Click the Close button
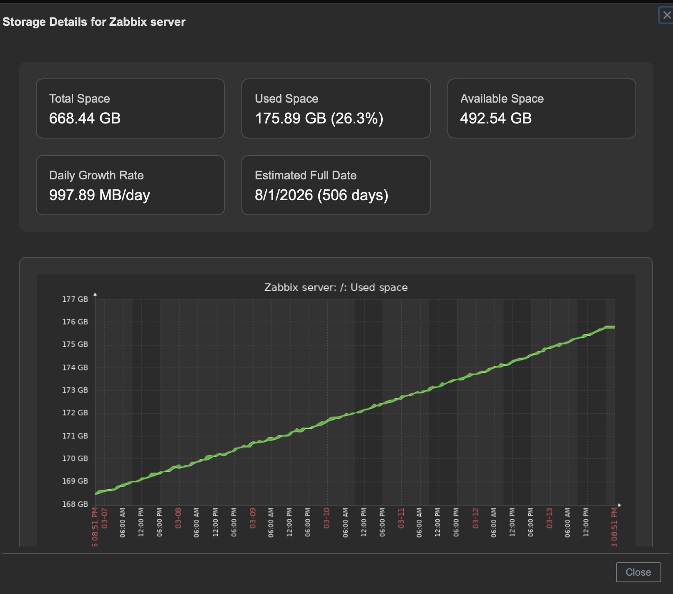pos(638,572)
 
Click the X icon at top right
pos(666,15)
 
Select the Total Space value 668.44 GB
pos(85,118)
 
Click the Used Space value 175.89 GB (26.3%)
pos(319,118)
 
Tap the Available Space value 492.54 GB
pos(496,118)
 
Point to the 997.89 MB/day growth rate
pos(99,195)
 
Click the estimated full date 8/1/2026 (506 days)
pos(321,195)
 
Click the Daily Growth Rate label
pos(96,175)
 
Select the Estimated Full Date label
pos(305,175)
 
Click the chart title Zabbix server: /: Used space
pos(336,287)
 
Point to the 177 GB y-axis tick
pos(75,299)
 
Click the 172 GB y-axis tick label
pos(75,413)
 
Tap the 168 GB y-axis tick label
pos(75,504)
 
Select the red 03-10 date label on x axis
pos(326,518)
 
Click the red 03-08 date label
pos(178,518)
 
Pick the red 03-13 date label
pos(549,518)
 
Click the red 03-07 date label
pos(104,518)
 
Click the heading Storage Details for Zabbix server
pos(94,22)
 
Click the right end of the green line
pos(614,327)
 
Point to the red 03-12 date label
pos(475,518)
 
